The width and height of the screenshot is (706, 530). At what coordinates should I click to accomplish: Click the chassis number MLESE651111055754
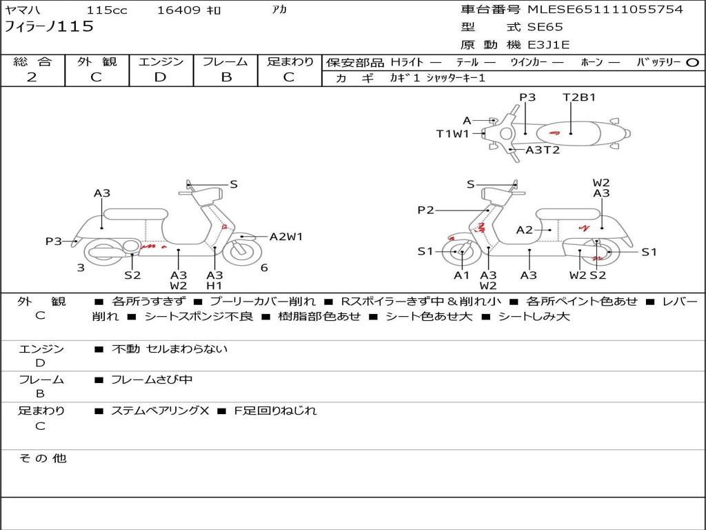pos(605,9)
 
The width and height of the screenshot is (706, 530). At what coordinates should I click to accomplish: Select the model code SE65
pos(545,27)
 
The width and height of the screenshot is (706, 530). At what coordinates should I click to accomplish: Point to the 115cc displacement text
pos(107,10)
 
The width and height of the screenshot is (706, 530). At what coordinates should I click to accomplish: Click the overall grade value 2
pos(32,77)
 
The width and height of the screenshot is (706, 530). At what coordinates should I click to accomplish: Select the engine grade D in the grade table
pos(160,77)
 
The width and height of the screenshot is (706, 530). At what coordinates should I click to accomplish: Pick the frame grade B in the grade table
pos(226,77)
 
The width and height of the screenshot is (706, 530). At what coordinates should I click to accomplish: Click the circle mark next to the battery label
pos(692,63)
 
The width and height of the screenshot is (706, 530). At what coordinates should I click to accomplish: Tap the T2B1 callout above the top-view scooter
pos(579,97)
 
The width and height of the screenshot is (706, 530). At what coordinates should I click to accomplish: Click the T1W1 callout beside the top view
pos(453,134)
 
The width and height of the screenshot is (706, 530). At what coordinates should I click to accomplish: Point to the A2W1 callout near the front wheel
pos(286,237)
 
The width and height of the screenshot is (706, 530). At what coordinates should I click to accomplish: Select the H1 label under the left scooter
pos(214,285)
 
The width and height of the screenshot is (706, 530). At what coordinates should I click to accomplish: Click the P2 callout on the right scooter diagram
pos(425,210)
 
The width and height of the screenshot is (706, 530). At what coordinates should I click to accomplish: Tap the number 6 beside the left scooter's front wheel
pos(264,268)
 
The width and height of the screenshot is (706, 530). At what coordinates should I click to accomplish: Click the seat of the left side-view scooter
pos(136,214)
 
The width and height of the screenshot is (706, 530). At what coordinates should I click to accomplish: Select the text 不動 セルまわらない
pos(170,349)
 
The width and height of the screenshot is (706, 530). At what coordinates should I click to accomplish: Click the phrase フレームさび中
pos(152,380)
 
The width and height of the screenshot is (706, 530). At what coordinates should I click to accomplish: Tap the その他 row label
pos(42,458)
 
